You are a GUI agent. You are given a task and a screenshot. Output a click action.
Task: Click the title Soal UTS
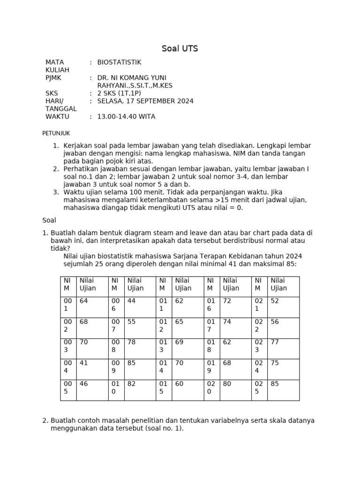(x=180, y=49)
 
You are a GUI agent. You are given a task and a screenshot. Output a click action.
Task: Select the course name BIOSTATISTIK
(x=119, y=62)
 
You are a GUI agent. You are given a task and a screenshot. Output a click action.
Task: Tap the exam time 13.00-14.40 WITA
(x=126, y=116)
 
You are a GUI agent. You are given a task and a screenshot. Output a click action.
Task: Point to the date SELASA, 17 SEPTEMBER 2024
(x=145, y=101)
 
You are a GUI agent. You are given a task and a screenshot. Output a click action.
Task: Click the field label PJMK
(x=53, y=77)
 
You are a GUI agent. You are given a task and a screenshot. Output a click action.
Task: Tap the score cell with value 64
(x=84, y=301)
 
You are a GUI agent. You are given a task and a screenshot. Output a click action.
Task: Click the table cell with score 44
(x=132, y=301)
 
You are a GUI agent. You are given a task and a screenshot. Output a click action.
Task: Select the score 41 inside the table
(x=84, y=363)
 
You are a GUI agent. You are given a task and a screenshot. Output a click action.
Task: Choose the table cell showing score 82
(x=132, y=383)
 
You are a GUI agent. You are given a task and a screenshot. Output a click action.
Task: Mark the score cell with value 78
(x=132, y=342)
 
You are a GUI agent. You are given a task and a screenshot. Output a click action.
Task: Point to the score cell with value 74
(x=227, y=322)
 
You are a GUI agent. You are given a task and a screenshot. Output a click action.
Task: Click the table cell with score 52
(x=275, y=301)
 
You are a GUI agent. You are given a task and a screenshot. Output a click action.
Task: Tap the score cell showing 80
(x=227, y=383)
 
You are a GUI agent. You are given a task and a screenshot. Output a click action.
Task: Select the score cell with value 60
(x=180, y=383)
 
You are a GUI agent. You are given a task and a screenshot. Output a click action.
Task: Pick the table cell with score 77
(x=275, y=342)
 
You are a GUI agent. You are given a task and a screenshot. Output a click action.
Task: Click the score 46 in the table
(x=84, y=383)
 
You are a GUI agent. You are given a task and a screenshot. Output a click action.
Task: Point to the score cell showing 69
(x=180, y=342)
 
